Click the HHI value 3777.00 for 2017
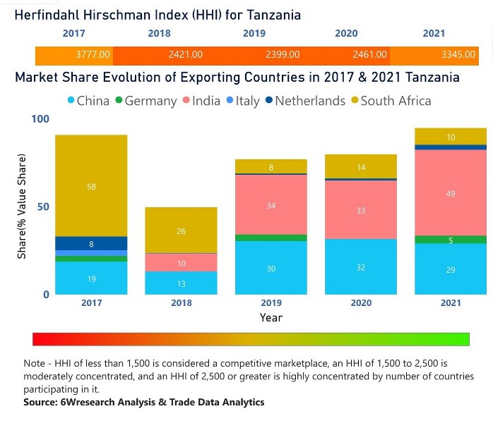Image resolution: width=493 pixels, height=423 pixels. point(93,54)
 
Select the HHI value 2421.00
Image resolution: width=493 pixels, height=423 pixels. point(186,54)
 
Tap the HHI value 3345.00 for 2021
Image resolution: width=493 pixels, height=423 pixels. point(460,54)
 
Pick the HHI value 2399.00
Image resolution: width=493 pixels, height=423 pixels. point(282,54)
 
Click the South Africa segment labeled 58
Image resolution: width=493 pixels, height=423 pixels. point(92,186)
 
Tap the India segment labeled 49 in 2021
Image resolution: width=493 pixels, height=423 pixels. point(451,194)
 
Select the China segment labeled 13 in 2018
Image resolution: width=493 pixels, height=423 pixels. point(182,283)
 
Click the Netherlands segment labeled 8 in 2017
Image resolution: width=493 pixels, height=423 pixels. point(92,243)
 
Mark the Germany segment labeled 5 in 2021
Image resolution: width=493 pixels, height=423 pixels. point(451,240)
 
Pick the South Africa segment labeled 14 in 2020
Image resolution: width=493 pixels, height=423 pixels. point(361,167)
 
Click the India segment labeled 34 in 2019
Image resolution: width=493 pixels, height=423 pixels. point(271,205)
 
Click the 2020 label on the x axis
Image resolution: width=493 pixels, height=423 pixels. point(361,303)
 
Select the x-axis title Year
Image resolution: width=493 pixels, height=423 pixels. point(271,317)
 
